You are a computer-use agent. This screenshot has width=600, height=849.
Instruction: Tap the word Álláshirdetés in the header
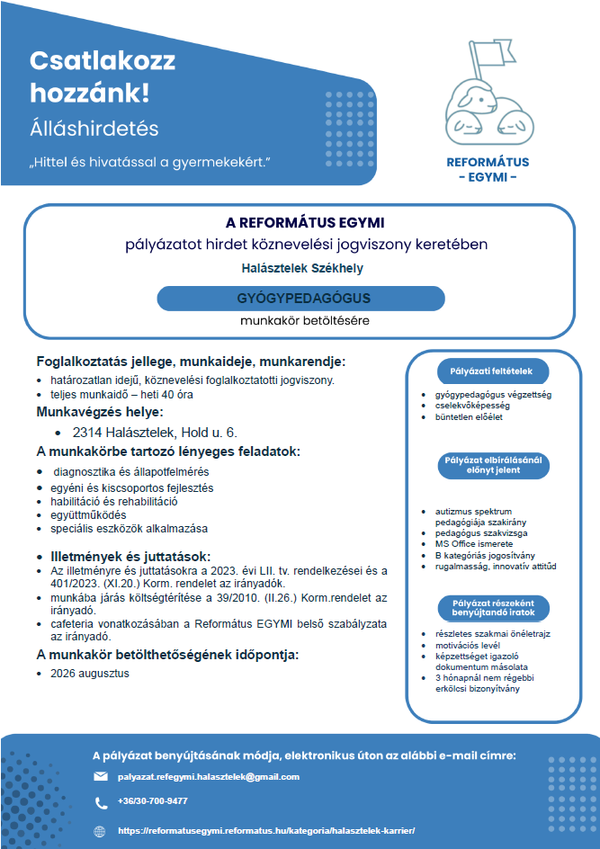pyautogui.click(x=94, y=128)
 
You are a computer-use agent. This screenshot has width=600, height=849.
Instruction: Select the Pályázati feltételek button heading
pyautogui.click(x=491, y=371)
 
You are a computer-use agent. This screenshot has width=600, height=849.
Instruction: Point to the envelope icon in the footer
pyautogui.click(x=101, y=776)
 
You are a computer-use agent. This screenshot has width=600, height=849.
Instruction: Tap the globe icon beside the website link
pyautogui.click(x=100, y=831)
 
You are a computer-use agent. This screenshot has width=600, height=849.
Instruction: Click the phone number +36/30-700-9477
pyautogui.click(x=152, y=800)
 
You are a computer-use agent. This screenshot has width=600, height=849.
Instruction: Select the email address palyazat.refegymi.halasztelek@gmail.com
pyautogui.click(x=209, y=776)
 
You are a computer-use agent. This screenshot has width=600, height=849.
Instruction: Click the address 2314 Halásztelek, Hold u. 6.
pyautogui.click(x=155, y=433)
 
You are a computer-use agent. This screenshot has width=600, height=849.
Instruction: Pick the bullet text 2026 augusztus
pyautogui.click(x=90, y=673)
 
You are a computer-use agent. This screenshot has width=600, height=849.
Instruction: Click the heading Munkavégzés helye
pyautogui.click(x=99, y=413)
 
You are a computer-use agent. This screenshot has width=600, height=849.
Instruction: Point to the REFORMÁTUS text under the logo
pyautogui.click(x=488, y=163)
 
